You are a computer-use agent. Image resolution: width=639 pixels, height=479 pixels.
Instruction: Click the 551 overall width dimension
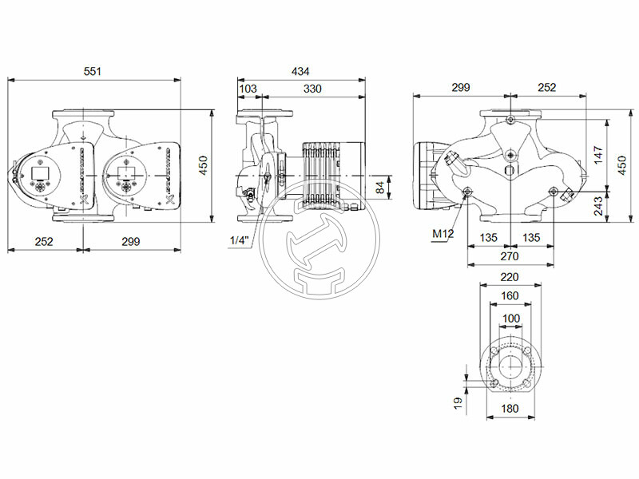tap(94, 72)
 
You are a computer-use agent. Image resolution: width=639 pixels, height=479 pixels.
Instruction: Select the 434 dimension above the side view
tap(300, 72)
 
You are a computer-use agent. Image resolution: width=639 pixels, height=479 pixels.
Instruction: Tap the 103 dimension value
tap(248, 88)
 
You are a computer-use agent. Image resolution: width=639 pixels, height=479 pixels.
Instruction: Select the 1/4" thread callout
tap(239, 240)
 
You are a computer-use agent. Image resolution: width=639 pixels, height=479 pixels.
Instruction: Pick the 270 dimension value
tap(510, 256)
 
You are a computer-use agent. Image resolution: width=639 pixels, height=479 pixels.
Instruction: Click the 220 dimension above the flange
tap(510, 277)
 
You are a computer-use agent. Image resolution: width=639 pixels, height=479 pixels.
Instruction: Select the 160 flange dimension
tap(510, 296)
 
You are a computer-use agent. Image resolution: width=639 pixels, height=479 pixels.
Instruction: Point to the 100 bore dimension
tap(510, 319)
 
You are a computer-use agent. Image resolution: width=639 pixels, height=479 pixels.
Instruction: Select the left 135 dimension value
tap(488, 237)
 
